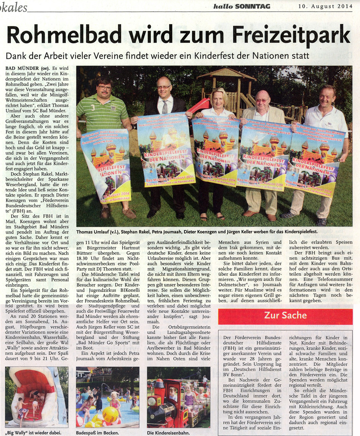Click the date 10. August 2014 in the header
pyautogui.click(x=325, y=6)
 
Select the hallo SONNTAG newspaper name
pyautogui.click(x=241, y=6)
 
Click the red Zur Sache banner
pyautogui.click(x=285, y=316)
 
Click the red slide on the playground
pyautogui.click(x=199, y=105)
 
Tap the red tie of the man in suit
pyautogui.click(x=165, y=107)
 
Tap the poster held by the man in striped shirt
pyautogui.click(x=106, y=164)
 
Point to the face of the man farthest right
pyautogui.click(x=327, y=96)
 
